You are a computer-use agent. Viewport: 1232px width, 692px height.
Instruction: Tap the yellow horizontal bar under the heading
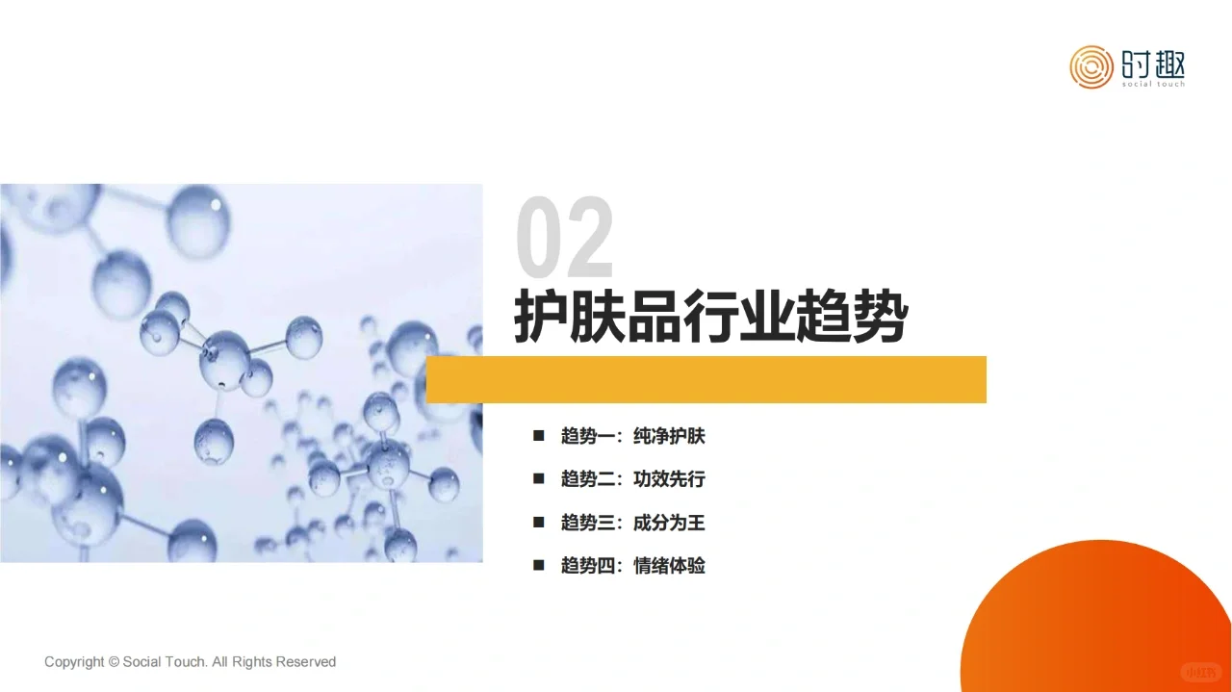pos(706,379)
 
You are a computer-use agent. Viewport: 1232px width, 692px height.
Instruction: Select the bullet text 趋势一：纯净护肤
pos(632,436)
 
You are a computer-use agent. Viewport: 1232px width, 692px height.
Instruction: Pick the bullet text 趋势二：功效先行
pos(632,478)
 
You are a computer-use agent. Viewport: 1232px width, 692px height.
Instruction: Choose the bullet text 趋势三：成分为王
pos(632,523)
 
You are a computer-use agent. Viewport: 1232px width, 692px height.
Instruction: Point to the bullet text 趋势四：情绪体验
pos(632,565)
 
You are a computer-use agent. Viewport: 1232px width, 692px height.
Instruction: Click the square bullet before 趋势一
pos(539,436)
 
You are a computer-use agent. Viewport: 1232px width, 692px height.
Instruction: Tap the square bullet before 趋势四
pos(539,565)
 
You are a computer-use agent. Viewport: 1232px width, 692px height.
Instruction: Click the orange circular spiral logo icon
pos(1091,66)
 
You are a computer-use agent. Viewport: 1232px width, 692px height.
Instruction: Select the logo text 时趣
pos(1153,64)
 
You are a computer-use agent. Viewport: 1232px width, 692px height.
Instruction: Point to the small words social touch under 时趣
pos(1153,84)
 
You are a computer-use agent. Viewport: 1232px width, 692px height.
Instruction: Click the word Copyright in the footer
pos(74,662)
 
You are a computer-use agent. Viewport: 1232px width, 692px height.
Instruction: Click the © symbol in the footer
pos(114,662)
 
